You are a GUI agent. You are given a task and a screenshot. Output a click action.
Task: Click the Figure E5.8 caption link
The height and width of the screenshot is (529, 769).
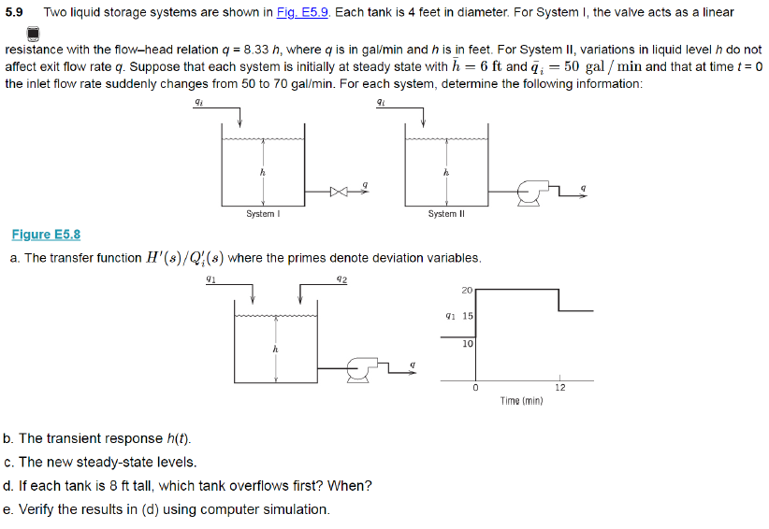click(46, 235)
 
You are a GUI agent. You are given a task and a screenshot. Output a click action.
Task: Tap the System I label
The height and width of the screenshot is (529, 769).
click(263, 214)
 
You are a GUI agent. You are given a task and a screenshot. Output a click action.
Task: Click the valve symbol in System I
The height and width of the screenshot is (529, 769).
click(338, 192)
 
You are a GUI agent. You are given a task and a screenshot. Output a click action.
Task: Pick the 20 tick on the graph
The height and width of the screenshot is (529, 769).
click(468, 290)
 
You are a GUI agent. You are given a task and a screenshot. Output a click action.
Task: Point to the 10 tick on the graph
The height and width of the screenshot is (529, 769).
click(468, 344)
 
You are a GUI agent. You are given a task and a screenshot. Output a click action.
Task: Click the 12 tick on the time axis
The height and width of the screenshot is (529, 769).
click(559, 387)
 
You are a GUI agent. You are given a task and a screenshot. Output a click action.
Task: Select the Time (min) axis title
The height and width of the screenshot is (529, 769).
click(522, 401)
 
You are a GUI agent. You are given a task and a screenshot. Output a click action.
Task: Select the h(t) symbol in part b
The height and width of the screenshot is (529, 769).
click(177, 438)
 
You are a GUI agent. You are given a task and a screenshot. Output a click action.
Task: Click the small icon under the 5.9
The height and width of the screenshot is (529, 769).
click(32, 33)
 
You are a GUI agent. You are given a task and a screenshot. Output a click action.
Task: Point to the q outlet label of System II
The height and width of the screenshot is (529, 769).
click(583, 187)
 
